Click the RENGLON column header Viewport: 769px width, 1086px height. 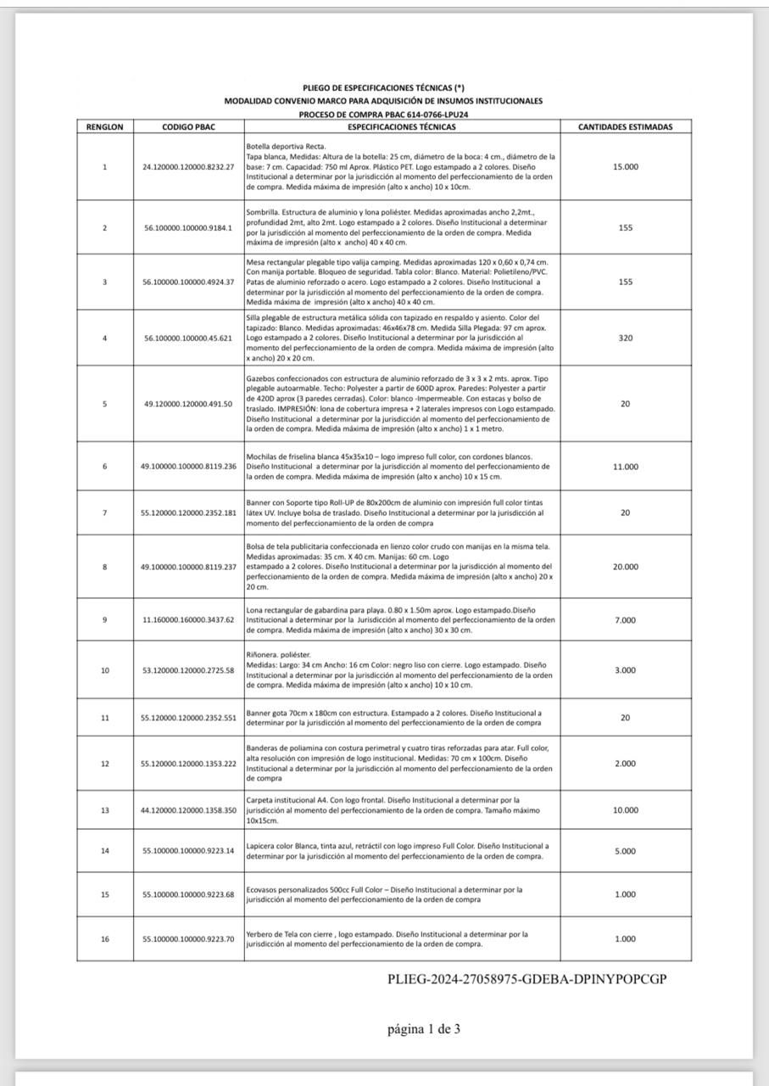point(104,127)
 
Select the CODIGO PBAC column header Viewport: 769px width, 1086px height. point(188,127)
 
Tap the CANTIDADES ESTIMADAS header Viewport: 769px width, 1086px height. point(625,127)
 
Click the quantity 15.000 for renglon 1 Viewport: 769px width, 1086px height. point(625,166)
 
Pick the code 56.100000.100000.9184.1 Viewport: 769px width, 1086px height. point(187,227)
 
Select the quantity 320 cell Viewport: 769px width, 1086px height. point(625,337)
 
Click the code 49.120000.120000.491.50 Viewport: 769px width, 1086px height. point(187,403)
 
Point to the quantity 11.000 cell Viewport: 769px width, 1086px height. point(625,467)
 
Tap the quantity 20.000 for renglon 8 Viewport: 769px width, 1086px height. point(625,567)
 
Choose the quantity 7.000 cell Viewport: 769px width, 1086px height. point(625,620)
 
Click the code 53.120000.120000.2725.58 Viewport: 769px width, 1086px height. point(187,670)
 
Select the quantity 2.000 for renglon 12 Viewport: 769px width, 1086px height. point(625,764)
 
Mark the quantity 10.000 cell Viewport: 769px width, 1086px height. point(625,810)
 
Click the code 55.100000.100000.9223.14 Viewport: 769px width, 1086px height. point(187,851)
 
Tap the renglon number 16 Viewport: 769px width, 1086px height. point(104,938)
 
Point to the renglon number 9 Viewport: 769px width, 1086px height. point(104,620)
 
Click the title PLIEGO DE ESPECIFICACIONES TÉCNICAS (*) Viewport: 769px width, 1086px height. point(383,87)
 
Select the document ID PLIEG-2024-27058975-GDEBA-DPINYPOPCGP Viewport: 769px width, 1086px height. point(527,979)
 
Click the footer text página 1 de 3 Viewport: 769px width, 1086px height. point(424,1029)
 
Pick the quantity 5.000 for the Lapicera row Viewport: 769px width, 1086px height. point(625,851)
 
